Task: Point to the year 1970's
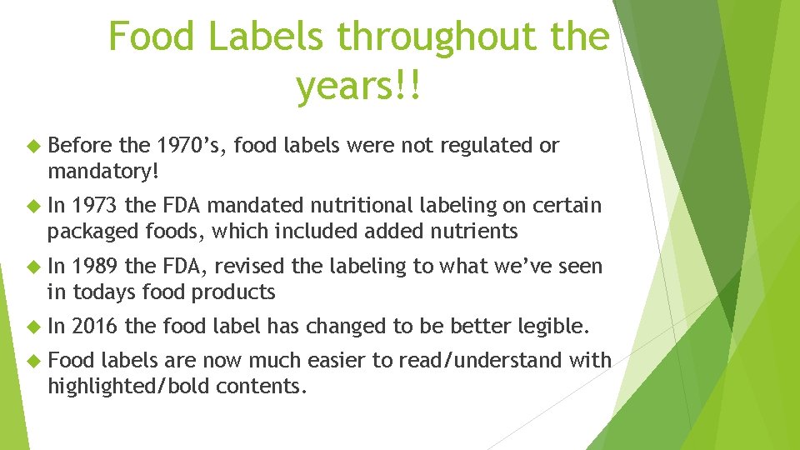[190, 146]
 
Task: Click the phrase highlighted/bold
[151, 386]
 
